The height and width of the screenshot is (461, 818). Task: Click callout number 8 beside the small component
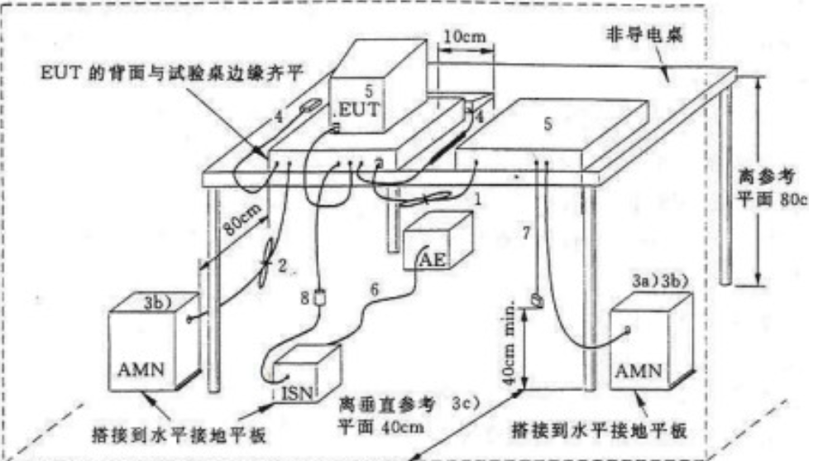coord(305,295)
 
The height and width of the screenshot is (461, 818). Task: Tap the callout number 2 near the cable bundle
coord(282,265)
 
